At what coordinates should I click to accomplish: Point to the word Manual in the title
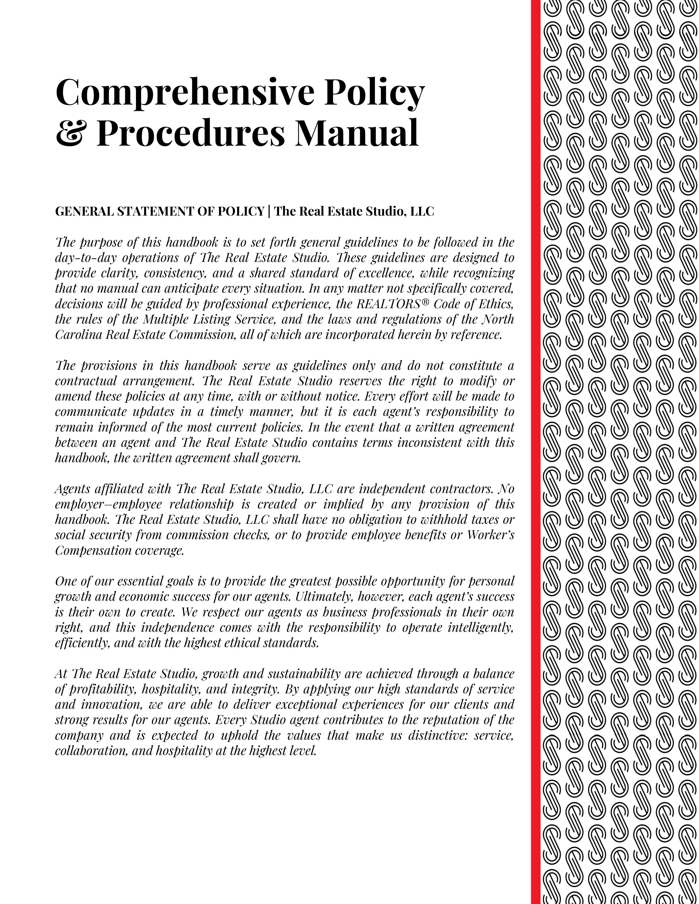(357, 133)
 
